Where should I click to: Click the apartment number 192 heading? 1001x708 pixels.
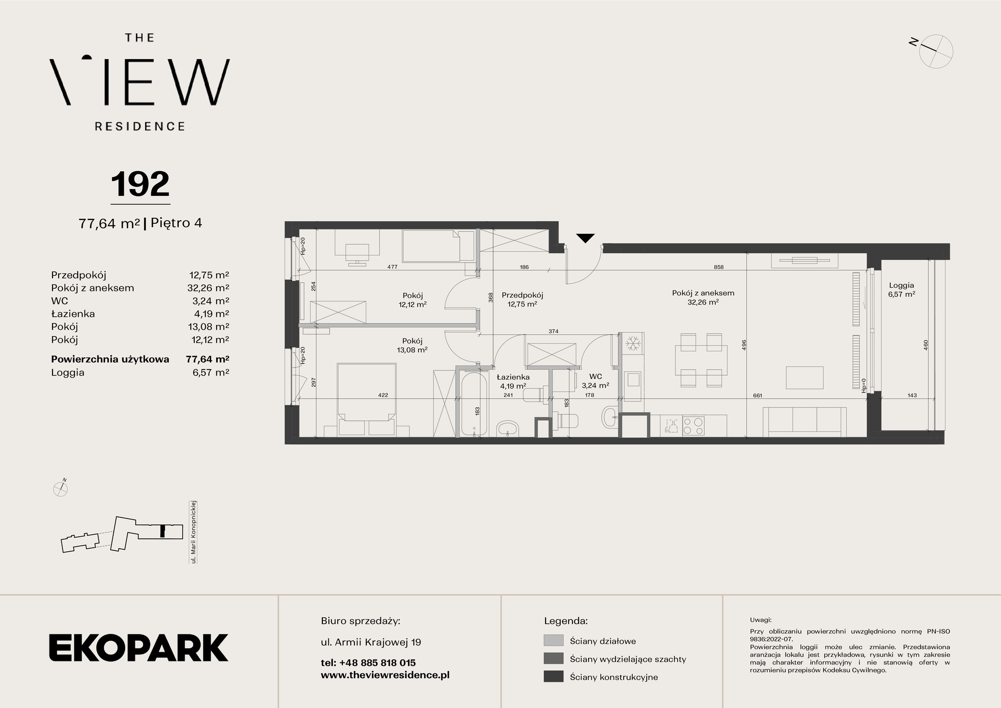click(x=140, y=184)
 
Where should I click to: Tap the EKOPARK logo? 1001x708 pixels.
click(x=139, y=647)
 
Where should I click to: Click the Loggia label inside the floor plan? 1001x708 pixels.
click(x=901, y=285)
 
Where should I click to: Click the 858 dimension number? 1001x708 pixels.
click(x=718, y=267)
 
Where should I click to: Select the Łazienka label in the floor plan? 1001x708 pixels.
click(x=513, y=377)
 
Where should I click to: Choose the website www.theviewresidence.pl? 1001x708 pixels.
click(x=385, y=675)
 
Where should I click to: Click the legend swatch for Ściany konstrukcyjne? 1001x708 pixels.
click(x=553, y=676)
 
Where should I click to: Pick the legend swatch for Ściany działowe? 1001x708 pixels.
click(x=553, y=640)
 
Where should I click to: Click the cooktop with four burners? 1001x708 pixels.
click(x=693, y=426)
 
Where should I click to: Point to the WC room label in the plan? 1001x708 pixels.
click(x=596, y=377)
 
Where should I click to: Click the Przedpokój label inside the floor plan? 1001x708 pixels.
click(x=523, y=295)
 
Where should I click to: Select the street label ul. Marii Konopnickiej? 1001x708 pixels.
click(x=193, y=532)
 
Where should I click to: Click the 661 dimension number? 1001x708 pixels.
click(x=757, y=396)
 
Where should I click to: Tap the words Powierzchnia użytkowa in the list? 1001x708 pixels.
click(x=110, y=359)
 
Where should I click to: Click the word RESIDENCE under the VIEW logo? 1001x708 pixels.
click(x=140, y=126)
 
